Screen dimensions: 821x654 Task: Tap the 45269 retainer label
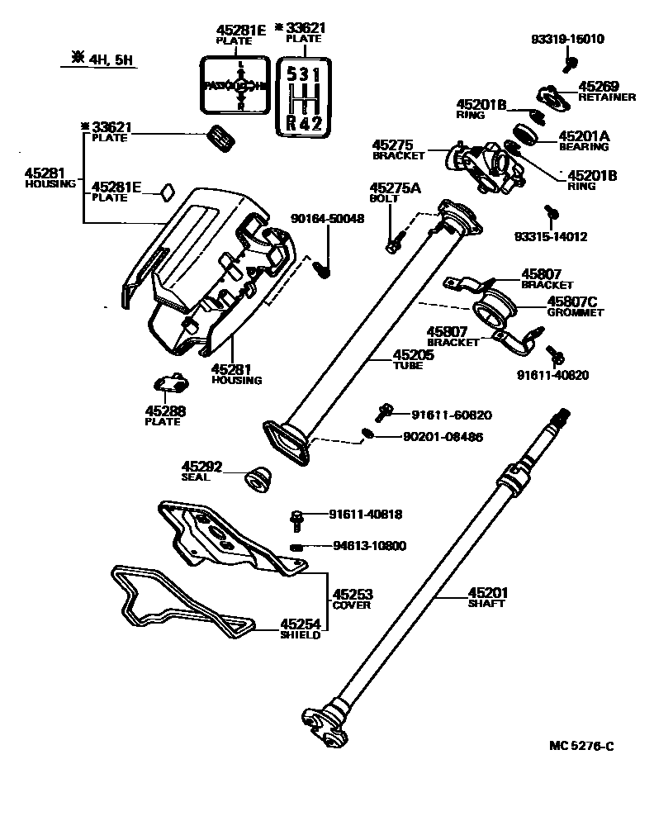[606, 90]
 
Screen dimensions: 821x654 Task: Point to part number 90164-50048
[328, 219]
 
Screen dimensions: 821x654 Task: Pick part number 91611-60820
[442, 415]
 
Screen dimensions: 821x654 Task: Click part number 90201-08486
[443, 437]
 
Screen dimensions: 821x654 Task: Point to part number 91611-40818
[365, 514]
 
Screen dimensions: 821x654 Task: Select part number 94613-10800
[368, 546]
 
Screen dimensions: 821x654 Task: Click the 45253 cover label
[352, 598]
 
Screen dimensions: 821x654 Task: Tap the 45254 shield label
[300, 629]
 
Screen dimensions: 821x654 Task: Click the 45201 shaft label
[488, 597]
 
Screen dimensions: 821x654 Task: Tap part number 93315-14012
[550, 236]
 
